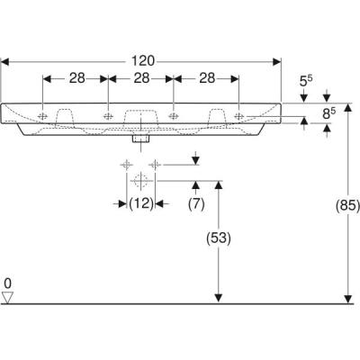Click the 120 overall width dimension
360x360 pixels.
(142, 61)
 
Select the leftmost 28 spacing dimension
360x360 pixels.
(76, 78)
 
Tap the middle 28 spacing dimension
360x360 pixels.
(141, 78)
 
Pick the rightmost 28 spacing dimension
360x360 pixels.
(206, 78)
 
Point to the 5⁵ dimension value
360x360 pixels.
(306, 81)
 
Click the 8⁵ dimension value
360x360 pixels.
(333, 114)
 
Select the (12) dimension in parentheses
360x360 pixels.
(139, 203)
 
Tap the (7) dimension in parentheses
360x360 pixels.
(197, 203)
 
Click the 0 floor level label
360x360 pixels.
(8, 283)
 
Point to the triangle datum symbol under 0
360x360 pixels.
(8, 297)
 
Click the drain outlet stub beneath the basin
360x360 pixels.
(140, 138)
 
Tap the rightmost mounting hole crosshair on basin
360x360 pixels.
(238, 115)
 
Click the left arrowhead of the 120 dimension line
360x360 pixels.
(8, 61)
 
